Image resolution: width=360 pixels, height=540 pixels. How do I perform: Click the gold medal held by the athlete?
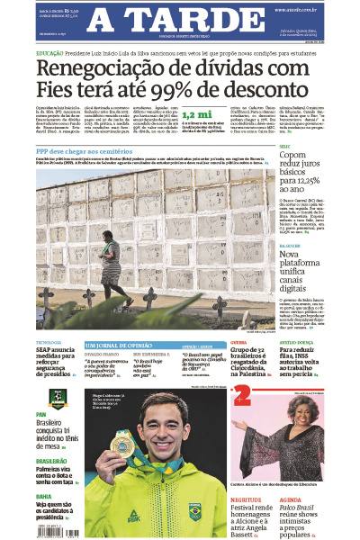(x=120, y=443)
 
